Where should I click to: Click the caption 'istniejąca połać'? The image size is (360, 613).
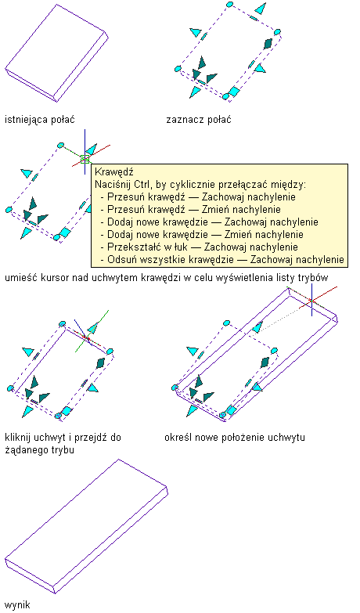39,120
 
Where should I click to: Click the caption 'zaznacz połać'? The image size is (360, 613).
199,120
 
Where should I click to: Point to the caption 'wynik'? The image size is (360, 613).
17,605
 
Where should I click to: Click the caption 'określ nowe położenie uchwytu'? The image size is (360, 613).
235,437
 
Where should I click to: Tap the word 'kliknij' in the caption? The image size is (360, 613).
16,437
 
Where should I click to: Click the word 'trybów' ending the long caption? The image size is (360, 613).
313,278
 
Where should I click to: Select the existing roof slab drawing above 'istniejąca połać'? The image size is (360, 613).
56,53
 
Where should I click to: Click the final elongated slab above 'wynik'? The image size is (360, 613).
86,526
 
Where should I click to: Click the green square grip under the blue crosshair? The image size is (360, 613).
85,159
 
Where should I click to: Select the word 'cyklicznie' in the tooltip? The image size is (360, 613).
188,184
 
